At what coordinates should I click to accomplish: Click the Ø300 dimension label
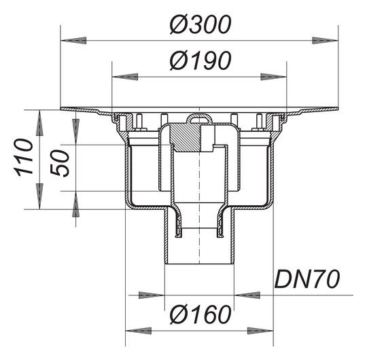coord(200,25)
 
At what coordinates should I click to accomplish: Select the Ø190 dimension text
coord(200,60)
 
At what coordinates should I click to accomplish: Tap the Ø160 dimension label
coord(200,315)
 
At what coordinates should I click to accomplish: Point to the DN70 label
coord(307,279)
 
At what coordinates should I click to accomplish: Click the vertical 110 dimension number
coord(24,157)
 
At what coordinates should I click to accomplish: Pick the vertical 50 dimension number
coord(60,163)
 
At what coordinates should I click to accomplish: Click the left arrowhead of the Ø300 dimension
coord(73,41)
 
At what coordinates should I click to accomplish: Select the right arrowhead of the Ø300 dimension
coord(326,41)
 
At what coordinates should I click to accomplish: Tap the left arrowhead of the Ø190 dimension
coord(125,77)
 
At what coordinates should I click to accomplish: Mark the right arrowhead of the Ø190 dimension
coord(274,77)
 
